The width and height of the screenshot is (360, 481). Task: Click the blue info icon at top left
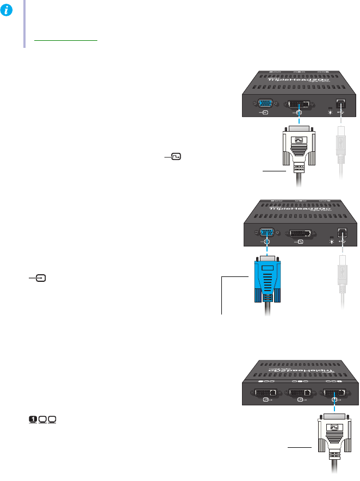point(8,8)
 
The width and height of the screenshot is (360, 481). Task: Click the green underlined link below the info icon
point(65,40)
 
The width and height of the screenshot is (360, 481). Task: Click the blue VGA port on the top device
point(264,103)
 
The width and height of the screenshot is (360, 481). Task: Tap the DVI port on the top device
point(299,103)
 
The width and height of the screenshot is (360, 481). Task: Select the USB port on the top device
point(341,103)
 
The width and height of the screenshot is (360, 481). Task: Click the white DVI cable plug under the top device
point(299,147)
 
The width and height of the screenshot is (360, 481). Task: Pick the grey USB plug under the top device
point(341,150)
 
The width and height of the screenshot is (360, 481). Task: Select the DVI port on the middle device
point(299,234)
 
